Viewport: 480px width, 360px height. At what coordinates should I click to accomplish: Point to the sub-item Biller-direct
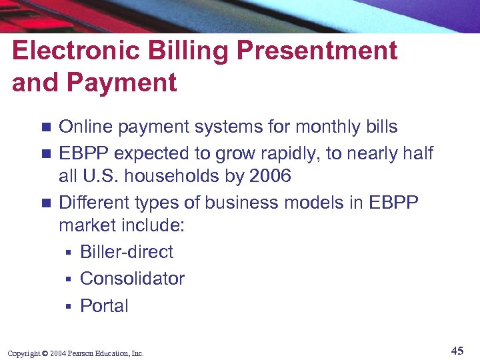coord(126,252)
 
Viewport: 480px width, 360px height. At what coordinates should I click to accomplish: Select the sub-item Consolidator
coord(132,279)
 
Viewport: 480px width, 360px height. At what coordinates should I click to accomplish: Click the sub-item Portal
coord(104,306)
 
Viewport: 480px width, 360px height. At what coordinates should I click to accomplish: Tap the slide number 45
coord(457,351)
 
